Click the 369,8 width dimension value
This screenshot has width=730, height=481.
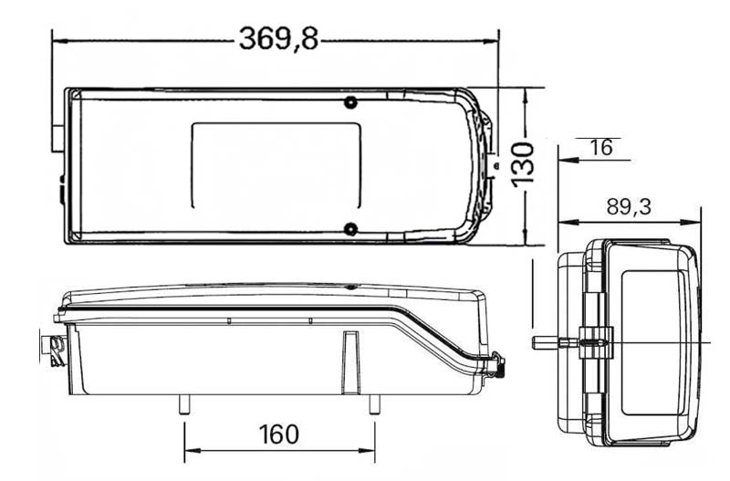pos(278,39)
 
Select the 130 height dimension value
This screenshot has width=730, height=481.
pos(523,165)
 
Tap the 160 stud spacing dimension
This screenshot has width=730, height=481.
pos(279,434)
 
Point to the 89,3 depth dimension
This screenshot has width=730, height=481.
pos(629,207)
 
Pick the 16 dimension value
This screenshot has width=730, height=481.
pos(601,148)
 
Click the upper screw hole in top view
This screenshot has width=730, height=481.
pos(351,102)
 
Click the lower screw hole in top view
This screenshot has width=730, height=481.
pos(350,229)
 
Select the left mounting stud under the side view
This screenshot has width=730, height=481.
pos(184,404)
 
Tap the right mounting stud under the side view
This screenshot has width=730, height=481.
pos(374,404)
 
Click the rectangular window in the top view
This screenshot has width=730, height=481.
pos(276,165)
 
